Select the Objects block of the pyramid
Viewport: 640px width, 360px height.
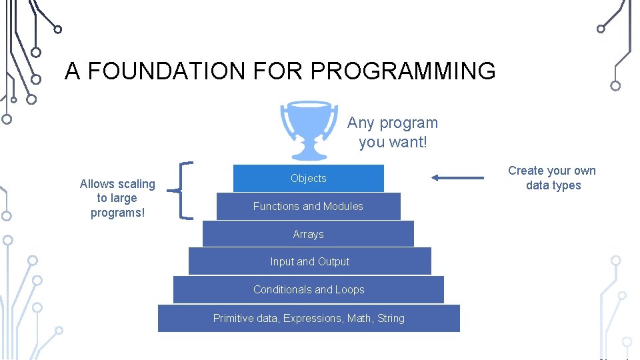pos(308,178)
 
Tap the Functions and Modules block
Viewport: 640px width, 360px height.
pos(308,206)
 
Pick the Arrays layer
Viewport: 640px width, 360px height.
pos(308,234)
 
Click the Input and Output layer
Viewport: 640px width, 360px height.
pos(309,261)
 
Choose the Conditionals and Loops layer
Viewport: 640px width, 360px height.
pos(309,289)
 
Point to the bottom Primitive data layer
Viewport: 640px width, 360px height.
pos(309,318)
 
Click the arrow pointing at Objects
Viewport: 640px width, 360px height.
pos(457,177)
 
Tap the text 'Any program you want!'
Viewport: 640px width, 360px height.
pos(392,132)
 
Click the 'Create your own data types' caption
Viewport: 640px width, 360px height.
pos(552,178)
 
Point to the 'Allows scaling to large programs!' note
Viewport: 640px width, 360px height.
pos(117,198)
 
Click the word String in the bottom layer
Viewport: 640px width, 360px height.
pos(391,318)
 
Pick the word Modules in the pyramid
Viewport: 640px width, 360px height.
pos(343,206)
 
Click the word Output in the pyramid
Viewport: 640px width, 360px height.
pos(333,261)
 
